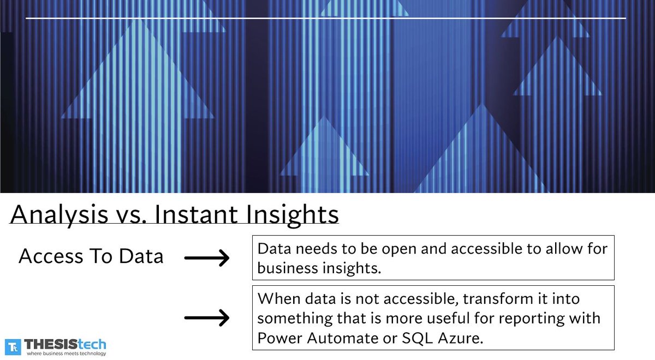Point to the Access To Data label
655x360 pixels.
91,256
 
